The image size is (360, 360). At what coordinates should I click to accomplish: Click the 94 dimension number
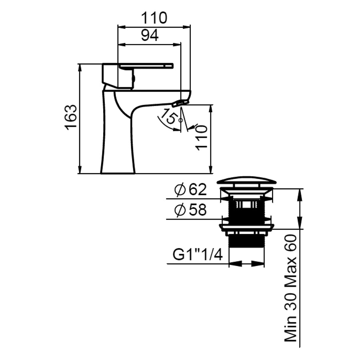[x=150, y=36]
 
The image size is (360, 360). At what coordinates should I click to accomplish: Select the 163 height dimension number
[x=71, y=117]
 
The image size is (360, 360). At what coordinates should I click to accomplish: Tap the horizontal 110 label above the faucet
[x=154, y=18]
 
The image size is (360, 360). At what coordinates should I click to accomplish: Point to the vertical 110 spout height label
[x=202, y=138]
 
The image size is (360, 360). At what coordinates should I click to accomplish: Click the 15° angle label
[x=169, y=117]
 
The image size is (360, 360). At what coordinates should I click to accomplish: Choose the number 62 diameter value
[x=198, y=190]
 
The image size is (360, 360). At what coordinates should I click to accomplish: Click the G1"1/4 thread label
[x=198, y=255]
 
